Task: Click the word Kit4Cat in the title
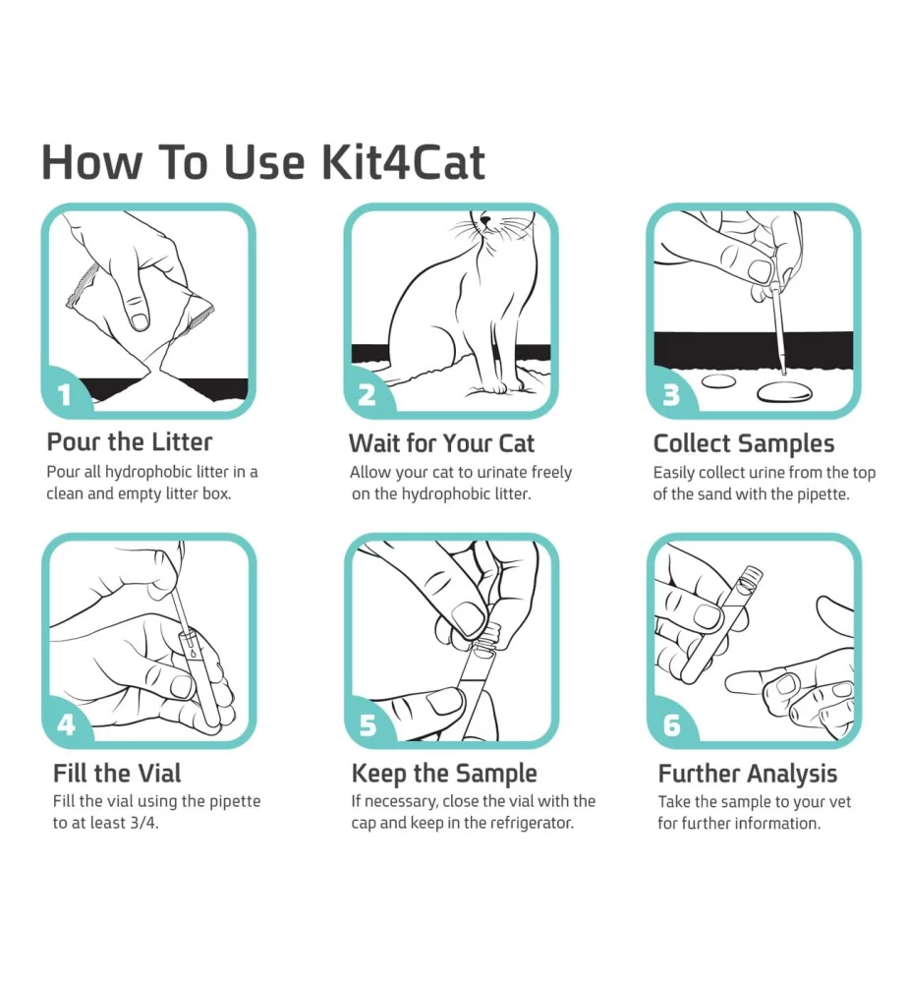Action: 403,162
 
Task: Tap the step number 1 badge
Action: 66,394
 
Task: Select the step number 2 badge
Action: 368,394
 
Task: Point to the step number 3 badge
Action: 671,394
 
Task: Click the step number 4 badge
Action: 67,724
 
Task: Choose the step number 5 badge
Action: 368,724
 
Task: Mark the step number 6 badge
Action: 671,724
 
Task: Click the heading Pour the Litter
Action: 130,442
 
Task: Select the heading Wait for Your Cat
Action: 441,443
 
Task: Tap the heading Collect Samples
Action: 744,444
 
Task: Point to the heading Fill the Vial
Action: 117,773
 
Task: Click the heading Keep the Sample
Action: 444,774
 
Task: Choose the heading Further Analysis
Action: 747,775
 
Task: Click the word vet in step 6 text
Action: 840,802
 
